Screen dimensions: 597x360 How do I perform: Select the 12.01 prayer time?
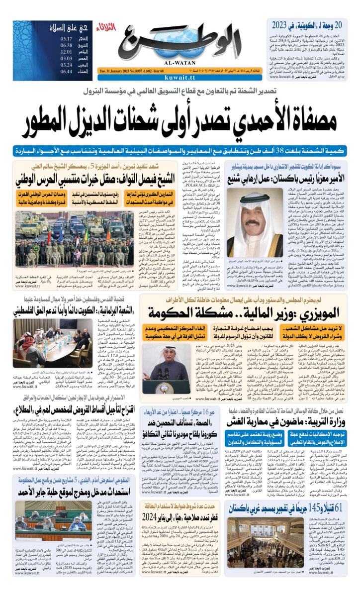[x=67, y=51]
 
